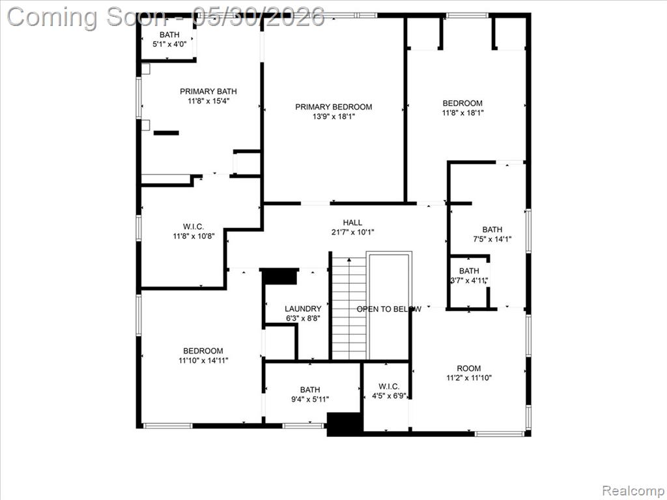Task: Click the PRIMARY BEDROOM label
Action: click(x=333, y=107)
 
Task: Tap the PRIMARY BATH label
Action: click(x=208, y=91)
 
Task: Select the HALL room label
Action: click(x=352, y=223)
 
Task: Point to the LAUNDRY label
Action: click(x=303, y=309)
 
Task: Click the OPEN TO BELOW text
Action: click(x=389, y=309)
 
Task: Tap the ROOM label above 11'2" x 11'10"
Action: click(x=469, y=368)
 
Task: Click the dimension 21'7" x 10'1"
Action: click(x=352, y=232)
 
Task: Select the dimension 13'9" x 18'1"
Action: click(x=333, y=117)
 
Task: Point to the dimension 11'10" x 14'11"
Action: click(x=203, y=361)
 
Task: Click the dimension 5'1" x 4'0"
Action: click(x=169, y=44)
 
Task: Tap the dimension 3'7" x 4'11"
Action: click(x=469, y=281)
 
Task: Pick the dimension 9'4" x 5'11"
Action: click(x=310, y=399)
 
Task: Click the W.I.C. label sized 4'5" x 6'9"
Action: click(x=389, y=387)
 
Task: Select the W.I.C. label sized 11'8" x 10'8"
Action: click(x=193, y=227)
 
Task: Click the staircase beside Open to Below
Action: click(x=349, y=308)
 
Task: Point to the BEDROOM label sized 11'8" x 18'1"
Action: click(x=462, y=104)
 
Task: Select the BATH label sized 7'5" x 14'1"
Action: click(x=492, y=230)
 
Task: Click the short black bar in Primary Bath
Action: click(x=166, y=133)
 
